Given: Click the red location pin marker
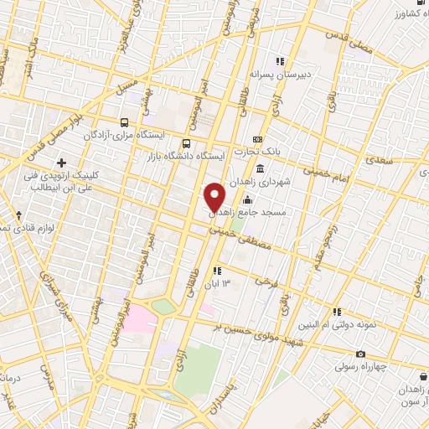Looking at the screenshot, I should pyautogui.click(x=215, y=197).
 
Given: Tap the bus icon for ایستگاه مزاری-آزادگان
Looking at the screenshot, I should pyautogui.click(x=125, y=122).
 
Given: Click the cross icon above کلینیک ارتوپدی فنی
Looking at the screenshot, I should pyautogui.click(x=59, y=162).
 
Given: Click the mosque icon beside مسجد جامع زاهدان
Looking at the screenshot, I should pyautogui.click(x=247, y=200).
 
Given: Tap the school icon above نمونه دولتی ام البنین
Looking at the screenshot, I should pyautogui.click(x=337, y=312).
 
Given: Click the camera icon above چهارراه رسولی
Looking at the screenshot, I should pyautogui.click(x=360, y=354).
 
